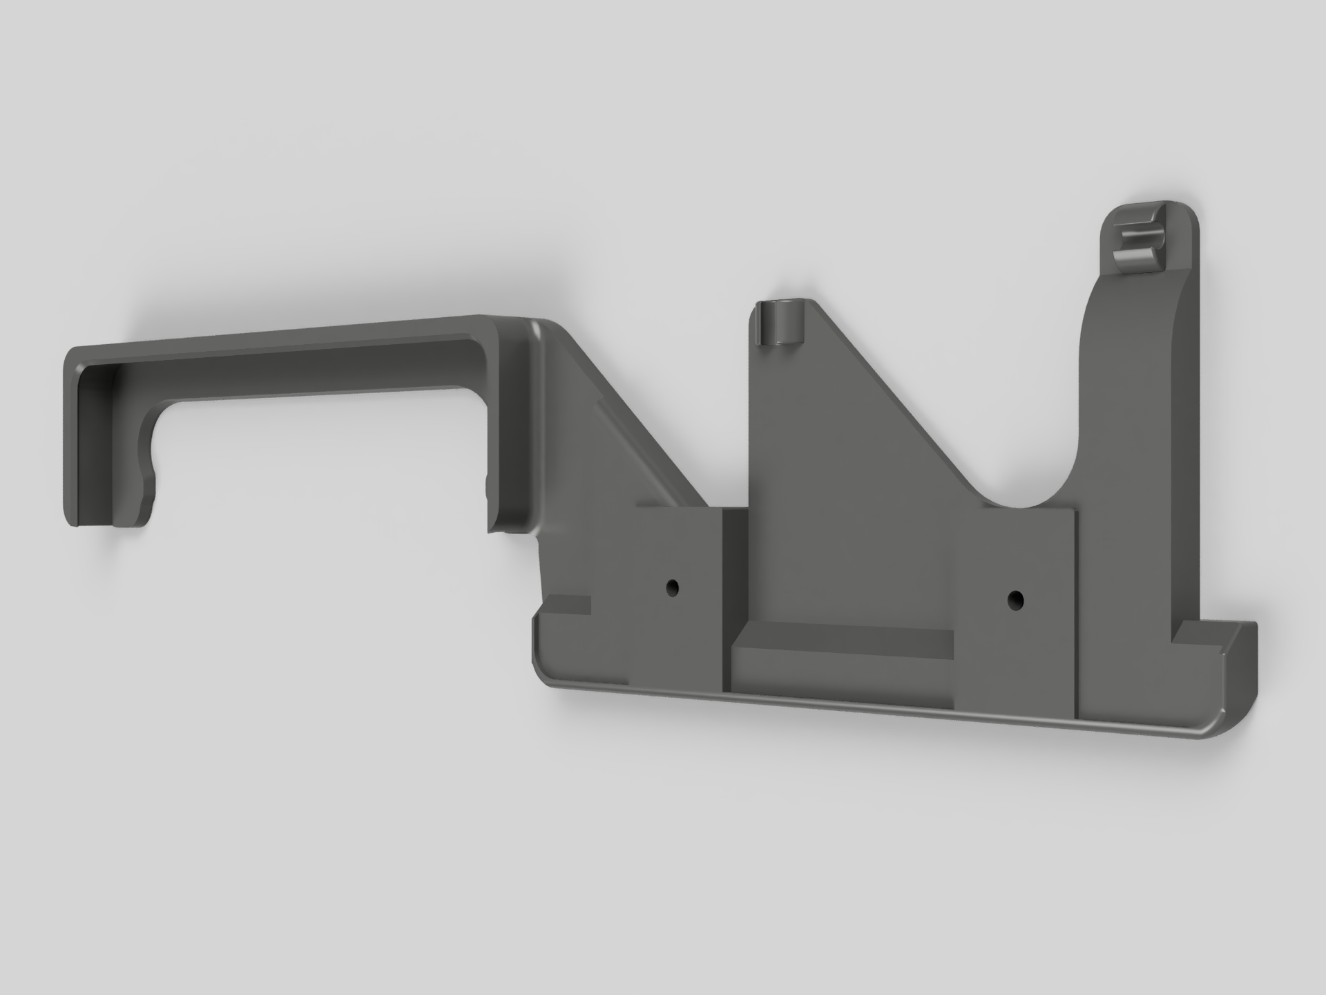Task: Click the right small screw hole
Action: [x=1015, y=599]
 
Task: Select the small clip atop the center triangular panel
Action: [x=779, y=323]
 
